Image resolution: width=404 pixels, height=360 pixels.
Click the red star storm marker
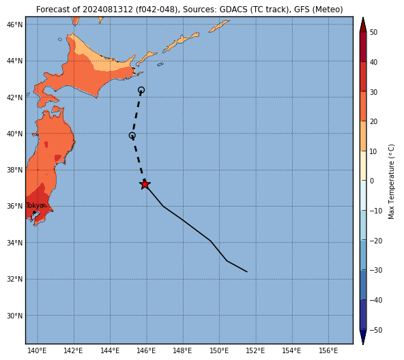coord(145,184)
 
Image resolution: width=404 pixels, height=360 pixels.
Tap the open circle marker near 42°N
coord(141,90)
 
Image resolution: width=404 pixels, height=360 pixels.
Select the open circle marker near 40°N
coord(132,136)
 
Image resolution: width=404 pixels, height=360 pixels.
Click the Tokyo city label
coord(35,206)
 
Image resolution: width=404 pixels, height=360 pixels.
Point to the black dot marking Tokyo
coord(34,212)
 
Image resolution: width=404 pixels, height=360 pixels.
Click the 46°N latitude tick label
coord(15,25)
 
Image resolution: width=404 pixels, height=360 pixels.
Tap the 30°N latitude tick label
coord(15,316)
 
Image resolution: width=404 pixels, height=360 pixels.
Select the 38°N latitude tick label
coord(15,170)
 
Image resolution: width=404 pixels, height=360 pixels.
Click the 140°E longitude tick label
coord(38,351)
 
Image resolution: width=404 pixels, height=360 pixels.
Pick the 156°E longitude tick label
coord(328,351)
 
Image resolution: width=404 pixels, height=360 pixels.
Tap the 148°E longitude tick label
coord(183,351)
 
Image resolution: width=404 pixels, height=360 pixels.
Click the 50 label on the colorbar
coord(373,33)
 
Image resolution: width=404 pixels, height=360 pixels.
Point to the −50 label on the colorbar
coord(376,331)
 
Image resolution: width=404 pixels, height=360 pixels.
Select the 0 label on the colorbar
coord(372,181)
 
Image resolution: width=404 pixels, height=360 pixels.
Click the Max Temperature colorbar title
coord(391,181)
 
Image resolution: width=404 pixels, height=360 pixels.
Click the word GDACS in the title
coord(233,10)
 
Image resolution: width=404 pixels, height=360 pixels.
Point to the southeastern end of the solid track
coord(247,271)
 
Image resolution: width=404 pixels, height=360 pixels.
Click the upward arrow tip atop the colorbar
coord(363,18)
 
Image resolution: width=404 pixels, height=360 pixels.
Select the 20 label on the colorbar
coord(373,121)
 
